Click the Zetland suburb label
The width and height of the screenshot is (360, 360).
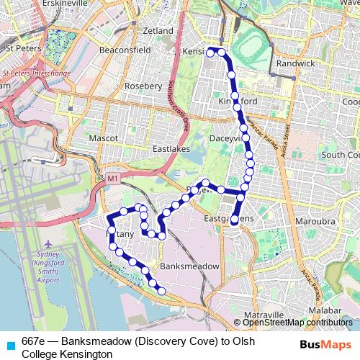(x=158, y=31)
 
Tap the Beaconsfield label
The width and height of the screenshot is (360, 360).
(x=125, y=50)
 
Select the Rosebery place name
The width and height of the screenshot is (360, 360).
(x=143, y=86)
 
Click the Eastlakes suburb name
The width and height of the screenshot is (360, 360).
(x=170, y=149)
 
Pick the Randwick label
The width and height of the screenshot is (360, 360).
(x=295, y=63)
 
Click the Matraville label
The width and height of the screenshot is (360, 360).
(x=264, y=315)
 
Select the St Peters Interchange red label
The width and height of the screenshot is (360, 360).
(x=36, y=73)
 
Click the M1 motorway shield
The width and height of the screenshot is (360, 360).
(x=112, y=178)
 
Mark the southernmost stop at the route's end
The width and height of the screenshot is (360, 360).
(x=161, y=291)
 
